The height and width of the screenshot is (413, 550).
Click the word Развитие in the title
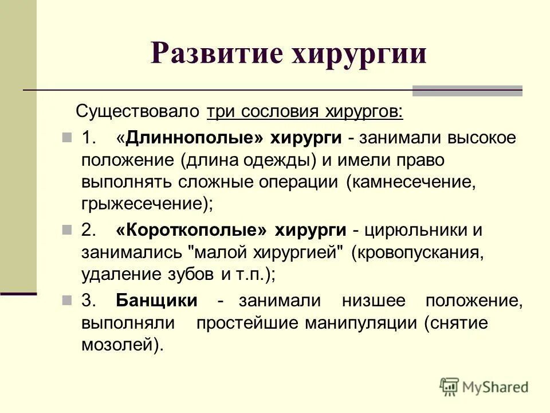pyautogui.click(x=216, y=54)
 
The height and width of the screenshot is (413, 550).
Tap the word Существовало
pyautogui.click(x=139, y=111)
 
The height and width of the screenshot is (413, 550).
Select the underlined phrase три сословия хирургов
pyautogui.click(x=305, y=111)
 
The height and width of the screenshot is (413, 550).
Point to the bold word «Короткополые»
pyautogui.click(x=191, y=230)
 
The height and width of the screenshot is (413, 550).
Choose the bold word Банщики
pyautogui.click(x=156, y=301)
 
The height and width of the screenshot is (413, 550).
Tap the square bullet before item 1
pyautogui.click(x=68, y=138)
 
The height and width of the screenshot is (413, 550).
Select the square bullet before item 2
pyautogui.click(x=68, y=230)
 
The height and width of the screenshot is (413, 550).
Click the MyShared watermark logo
pyautogui.click(x=484, y=387)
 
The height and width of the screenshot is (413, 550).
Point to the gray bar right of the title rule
pyautogui.click(x=467, y=91)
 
